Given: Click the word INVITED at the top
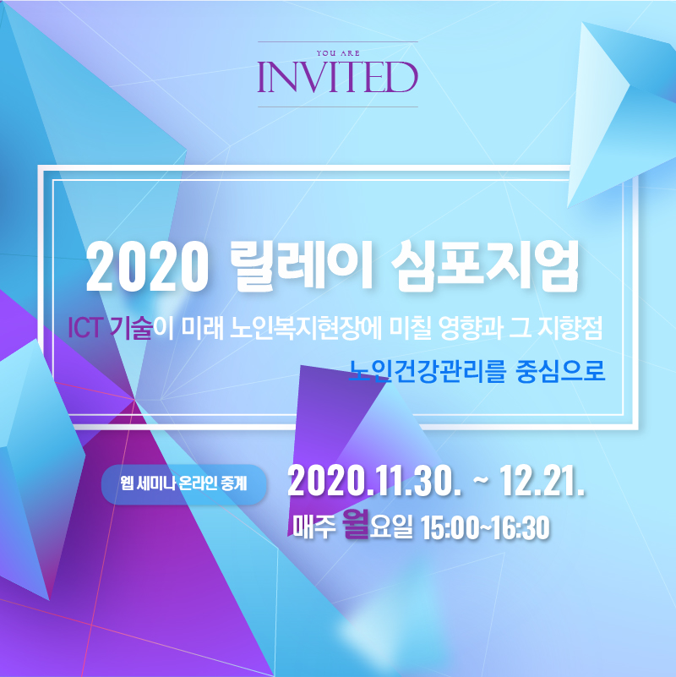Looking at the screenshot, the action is [337, 77].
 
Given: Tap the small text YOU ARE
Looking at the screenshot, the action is [338, 53].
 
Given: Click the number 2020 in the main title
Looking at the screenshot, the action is [147, 266].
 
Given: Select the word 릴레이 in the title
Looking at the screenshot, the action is [302, 265].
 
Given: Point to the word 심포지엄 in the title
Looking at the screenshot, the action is [485, 265].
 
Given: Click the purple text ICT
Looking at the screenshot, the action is [85, 328].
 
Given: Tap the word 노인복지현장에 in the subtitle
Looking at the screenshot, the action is [306, 328].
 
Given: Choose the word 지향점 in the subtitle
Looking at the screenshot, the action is [570, 328].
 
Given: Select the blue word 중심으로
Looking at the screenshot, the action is [560, 370].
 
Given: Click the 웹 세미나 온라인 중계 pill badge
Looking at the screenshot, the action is [184, 484].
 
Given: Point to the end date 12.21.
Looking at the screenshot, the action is [542, 481].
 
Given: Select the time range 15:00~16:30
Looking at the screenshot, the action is [485, 527].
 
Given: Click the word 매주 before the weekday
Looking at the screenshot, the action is [314, 527].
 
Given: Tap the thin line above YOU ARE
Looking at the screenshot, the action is [337, 42].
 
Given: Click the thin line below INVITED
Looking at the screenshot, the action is [337, 106].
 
